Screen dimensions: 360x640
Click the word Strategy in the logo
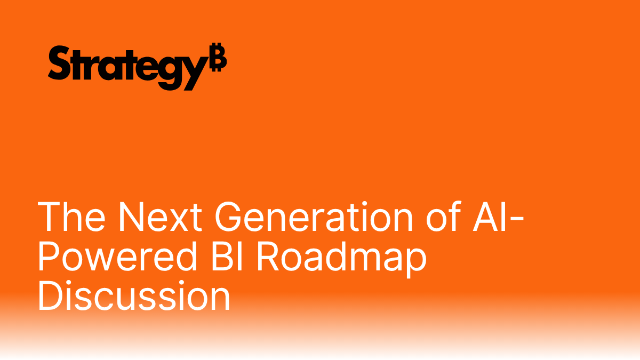pyautogui.click(x=126, y=67)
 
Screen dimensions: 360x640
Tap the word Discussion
pyautogui.click(x=133, y=297)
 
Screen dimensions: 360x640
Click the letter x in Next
pyautogui.click(x=172, y=221)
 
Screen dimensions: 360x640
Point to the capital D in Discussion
pyautogui.click(x=50, y=297)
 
